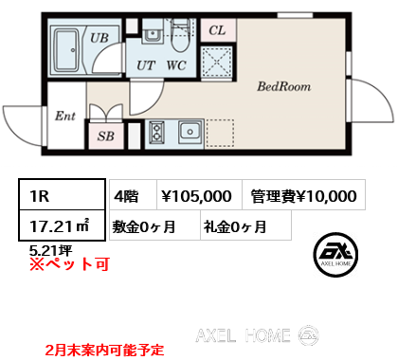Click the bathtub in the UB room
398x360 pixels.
(66, 50)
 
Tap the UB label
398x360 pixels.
(99, 38)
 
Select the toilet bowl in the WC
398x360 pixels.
(180, 36)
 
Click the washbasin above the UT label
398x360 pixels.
(153, 33)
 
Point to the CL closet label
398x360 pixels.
(217, 30)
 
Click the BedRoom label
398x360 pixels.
(283, 86)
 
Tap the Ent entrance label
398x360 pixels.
(65, 116)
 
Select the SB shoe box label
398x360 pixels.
(105, 136)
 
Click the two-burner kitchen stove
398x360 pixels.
(156, 132)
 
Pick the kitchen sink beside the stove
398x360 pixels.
(190, 132)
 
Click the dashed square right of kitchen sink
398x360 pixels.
(220, 133)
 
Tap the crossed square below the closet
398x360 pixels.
(217, 62)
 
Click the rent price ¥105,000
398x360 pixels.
(196, 196)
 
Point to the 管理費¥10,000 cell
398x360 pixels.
(304, 195)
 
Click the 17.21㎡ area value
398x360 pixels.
(60, 226)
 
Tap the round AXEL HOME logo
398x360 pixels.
(335, 255)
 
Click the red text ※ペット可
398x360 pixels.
(69, 263)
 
